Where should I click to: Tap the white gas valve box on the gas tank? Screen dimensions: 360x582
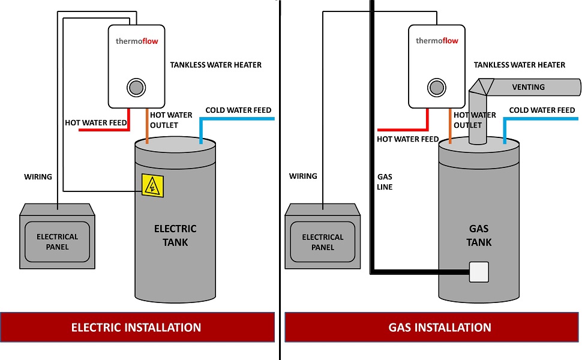pyautogui.click(x=478, y=272)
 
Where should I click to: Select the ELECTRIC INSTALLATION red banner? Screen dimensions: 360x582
pyautogui.click(x=136, y=328)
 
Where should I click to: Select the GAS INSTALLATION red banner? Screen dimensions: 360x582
pyautogui.click(x=431, y=328)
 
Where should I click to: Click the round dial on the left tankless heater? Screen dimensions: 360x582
pyautogui.click(x=136, y=88)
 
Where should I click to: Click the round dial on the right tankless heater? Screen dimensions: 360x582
pyautogui.click(x=436, y=88)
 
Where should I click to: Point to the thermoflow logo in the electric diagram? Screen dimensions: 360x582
pyautogui.click(x=137, y=41)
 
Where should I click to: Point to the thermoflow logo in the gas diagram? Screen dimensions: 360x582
pyautogui.click(x=437, y=41)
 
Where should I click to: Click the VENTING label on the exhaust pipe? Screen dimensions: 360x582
pyautogui.click(x=528, y=87)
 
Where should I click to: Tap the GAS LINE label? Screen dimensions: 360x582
pyautogui.click(x=385, y=182)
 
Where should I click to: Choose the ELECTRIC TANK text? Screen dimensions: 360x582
pyautogui.click(x=175, y=235)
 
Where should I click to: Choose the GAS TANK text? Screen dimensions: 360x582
pyautogui.click(x=479, y=235)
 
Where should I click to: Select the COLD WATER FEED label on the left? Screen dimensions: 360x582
pyautogui.click(x=238, y=110)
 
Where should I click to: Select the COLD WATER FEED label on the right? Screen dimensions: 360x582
pyautogui.click(x=542, y=110)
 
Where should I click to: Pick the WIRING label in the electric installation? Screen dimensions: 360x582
pyautogui.click(x=38, y=177)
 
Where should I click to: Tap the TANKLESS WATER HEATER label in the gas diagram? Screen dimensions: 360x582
pyautogui.click(x=519, y=65)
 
